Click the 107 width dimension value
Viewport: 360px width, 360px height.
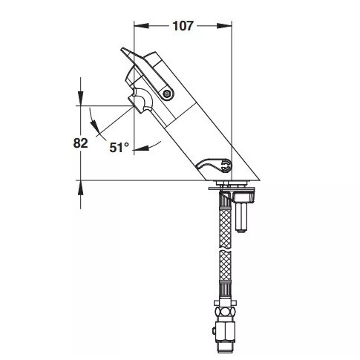[x=183, y=26]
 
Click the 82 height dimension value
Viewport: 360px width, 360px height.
[x=80, y=143]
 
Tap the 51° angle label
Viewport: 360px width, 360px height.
[x=120, y=148]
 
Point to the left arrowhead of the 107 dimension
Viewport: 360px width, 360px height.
[x=142, y=26]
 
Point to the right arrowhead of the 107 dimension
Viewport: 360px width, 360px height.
[x=224, y=26]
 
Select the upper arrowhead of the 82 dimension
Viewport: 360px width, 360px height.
[x=80, y=99]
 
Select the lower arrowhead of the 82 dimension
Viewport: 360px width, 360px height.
[x=80, y=188]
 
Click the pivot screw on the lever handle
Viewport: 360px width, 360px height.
[x=167, y=94]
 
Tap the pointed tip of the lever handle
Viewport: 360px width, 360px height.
[x=122, y=50]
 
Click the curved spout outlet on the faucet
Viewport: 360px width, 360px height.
[x=141, y=101]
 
